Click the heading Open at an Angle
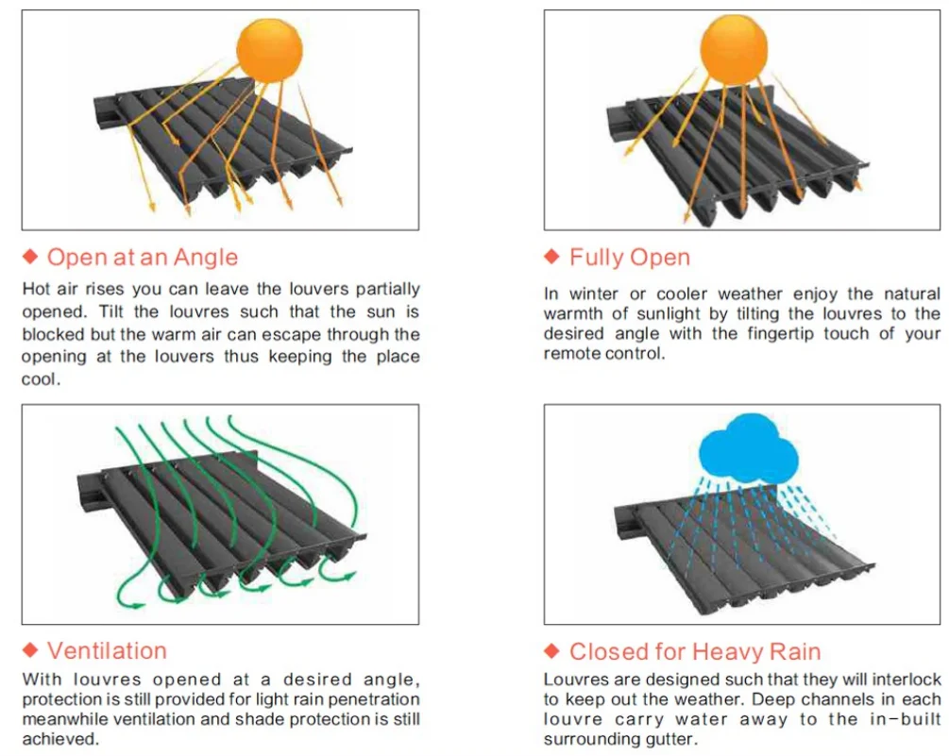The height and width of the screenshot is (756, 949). click(x=143, y=258)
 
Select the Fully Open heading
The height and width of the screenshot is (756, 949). click(x=630, y=258)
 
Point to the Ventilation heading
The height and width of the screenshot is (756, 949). click(x=107, y=650)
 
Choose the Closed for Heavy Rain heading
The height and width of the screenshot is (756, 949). click(x=695, y=651)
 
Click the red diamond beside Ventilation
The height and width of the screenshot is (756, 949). click(x=30, y=650)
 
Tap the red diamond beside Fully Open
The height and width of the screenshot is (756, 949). click(x=552, y=258)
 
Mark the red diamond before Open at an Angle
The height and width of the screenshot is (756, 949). click(x=30, y=258)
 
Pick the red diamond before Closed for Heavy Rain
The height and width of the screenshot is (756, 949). click(x=552, y=651)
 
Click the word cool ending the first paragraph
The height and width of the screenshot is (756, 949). click(x=41, y=379)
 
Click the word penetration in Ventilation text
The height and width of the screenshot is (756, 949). click(x=372, y=699)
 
